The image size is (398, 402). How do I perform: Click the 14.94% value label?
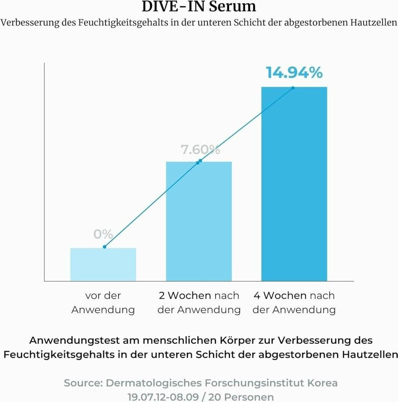click(x=294, y=73)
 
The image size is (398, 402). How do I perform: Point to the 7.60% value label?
click(x=200, y=150)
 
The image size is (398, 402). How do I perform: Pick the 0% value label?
click(x=103, y=235)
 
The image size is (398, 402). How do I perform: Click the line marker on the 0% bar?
click(x=104, y=247)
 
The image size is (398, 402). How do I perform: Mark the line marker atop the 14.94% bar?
click(x=293, y=88)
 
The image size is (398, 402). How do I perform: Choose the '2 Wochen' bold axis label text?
click(x=183, y=296)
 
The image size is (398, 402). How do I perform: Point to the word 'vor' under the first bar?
click(x=92, y=296)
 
